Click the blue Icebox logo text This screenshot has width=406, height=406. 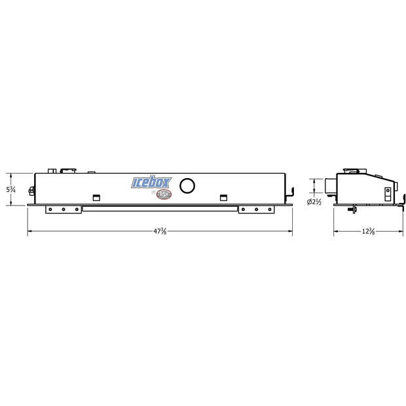pyautogui.click(x=150, y=182)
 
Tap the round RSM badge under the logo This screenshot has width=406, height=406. pyautogui.click(x=164, y=195)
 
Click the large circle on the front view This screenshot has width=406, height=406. pyautogui.click(x=187, y=186)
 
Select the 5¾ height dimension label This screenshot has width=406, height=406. pyautogui.click(x=10, y=189)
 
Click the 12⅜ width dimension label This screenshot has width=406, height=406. pyautogui.click(x=367, y=232)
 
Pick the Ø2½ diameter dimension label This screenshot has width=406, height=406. pyautogui.click(x=314, y=202)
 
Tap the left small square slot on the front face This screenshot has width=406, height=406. pyautogui.click(x=97, y=197)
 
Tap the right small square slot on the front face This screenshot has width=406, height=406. pyautogui.click(x=223, y=197)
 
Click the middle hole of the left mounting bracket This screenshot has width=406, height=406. pyautogui.click(x=63, y=210)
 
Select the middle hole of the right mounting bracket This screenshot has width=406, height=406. pyautogui.click(x=257, y=210)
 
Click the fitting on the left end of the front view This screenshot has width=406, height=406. pyautogui.click(x=31, y=191)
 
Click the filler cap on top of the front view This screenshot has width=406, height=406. pyautogui.click(x=67, y=171)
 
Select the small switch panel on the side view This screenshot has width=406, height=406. pyautogui.click(x=388, y=194)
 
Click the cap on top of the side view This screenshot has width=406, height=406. pyautogui.click(x=356, y=171)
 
